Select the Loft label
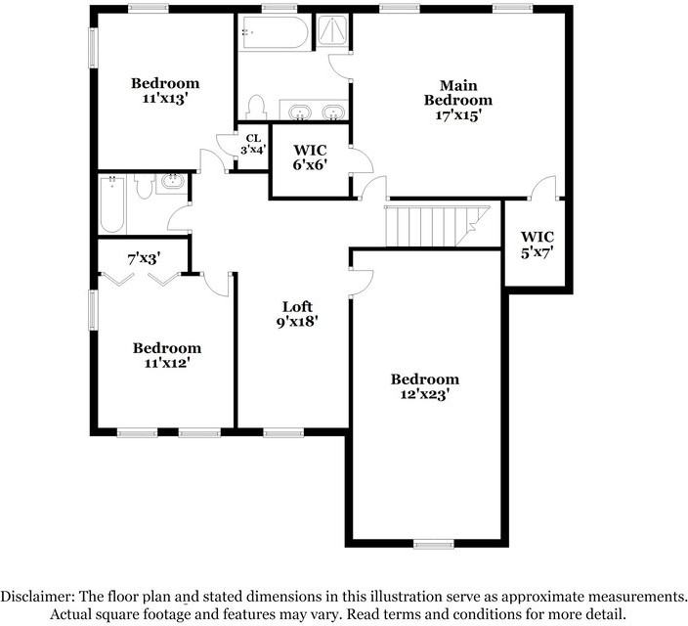tap(298, 304)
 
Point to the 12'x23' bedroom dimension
tap(424, 394)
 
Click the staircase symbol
tap(437, 227)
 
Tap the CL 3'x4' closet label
tap(253, 144)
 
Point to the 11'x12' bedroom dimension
tap(166, 362)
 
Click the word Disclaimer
tap(36, 596)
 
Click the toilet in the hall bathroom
tap(143, 186)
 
